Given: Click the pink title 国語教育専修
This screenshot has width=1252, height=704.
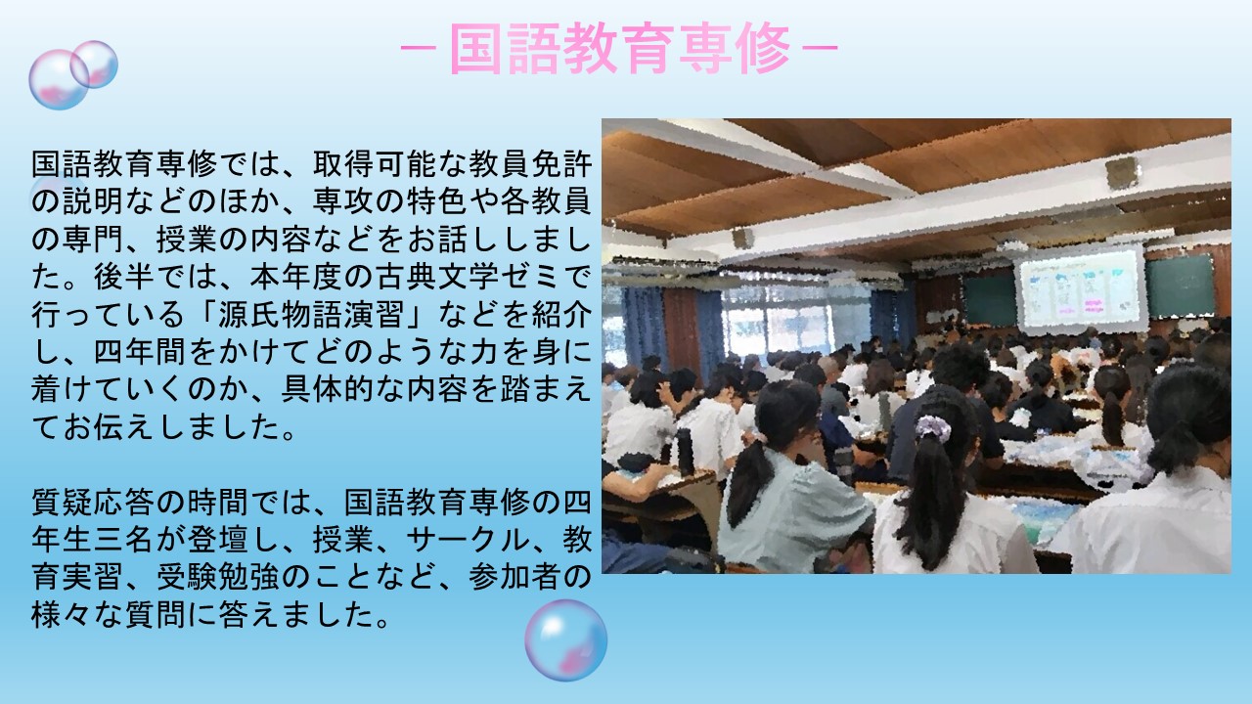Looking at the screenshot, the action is point(619,49).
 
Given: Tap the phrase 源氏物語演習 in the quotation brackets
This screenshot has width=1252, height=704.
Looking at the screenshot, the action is point(311,315).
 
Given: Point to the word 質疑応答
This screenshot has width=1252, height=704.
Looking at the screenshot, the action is point(92,502).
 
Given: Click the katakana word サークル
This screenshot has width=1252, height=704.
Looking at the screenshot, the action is point(468,540).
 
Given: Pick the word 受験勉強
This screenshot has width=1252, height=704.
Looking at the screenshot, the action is point(217,577).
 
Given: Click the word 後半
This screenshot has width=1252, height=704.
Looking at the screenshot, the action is point(123,277).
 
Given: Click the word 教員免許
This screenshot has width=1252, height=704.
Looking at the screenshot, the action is point(530,164).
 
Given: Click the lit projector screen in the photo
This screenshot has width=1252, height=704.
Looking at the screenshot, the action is point(1081,288).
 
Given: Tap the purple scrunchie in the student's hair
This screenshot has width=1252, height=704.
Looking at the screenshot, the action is point(932,428).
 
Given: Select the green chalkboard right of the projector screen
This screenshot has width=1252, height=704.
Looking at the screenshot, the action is point(1181,286).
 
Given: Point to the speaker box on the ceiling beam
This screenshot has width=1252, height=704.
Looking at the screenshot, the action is point(1121,172).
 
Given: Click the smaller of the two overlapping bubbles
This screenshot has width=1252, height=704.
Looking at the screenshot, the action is point(94,65).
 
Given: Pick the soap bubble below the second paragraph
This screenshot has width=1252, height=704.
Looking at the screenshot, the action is point(565,640).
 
